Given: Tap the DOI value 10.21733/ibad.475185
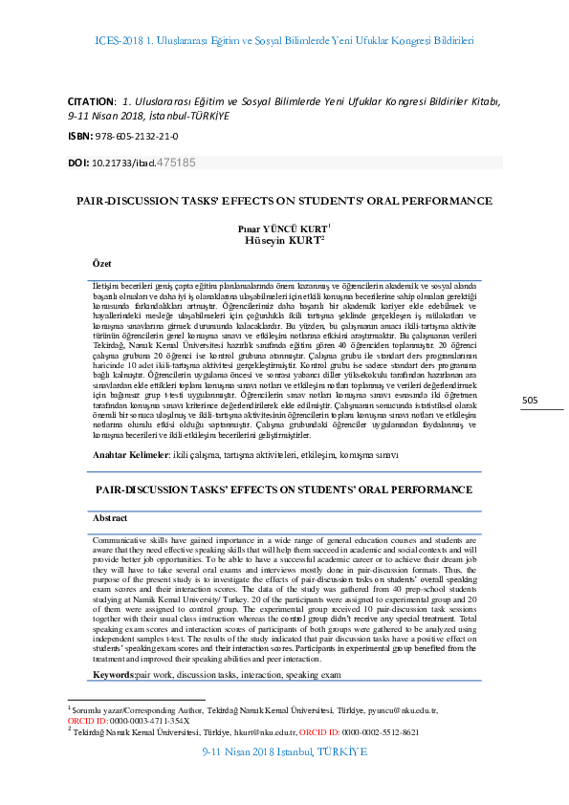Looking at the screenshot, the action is [144, 163].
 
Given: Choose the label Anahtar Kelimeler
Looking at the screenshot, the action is [129, 454].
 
